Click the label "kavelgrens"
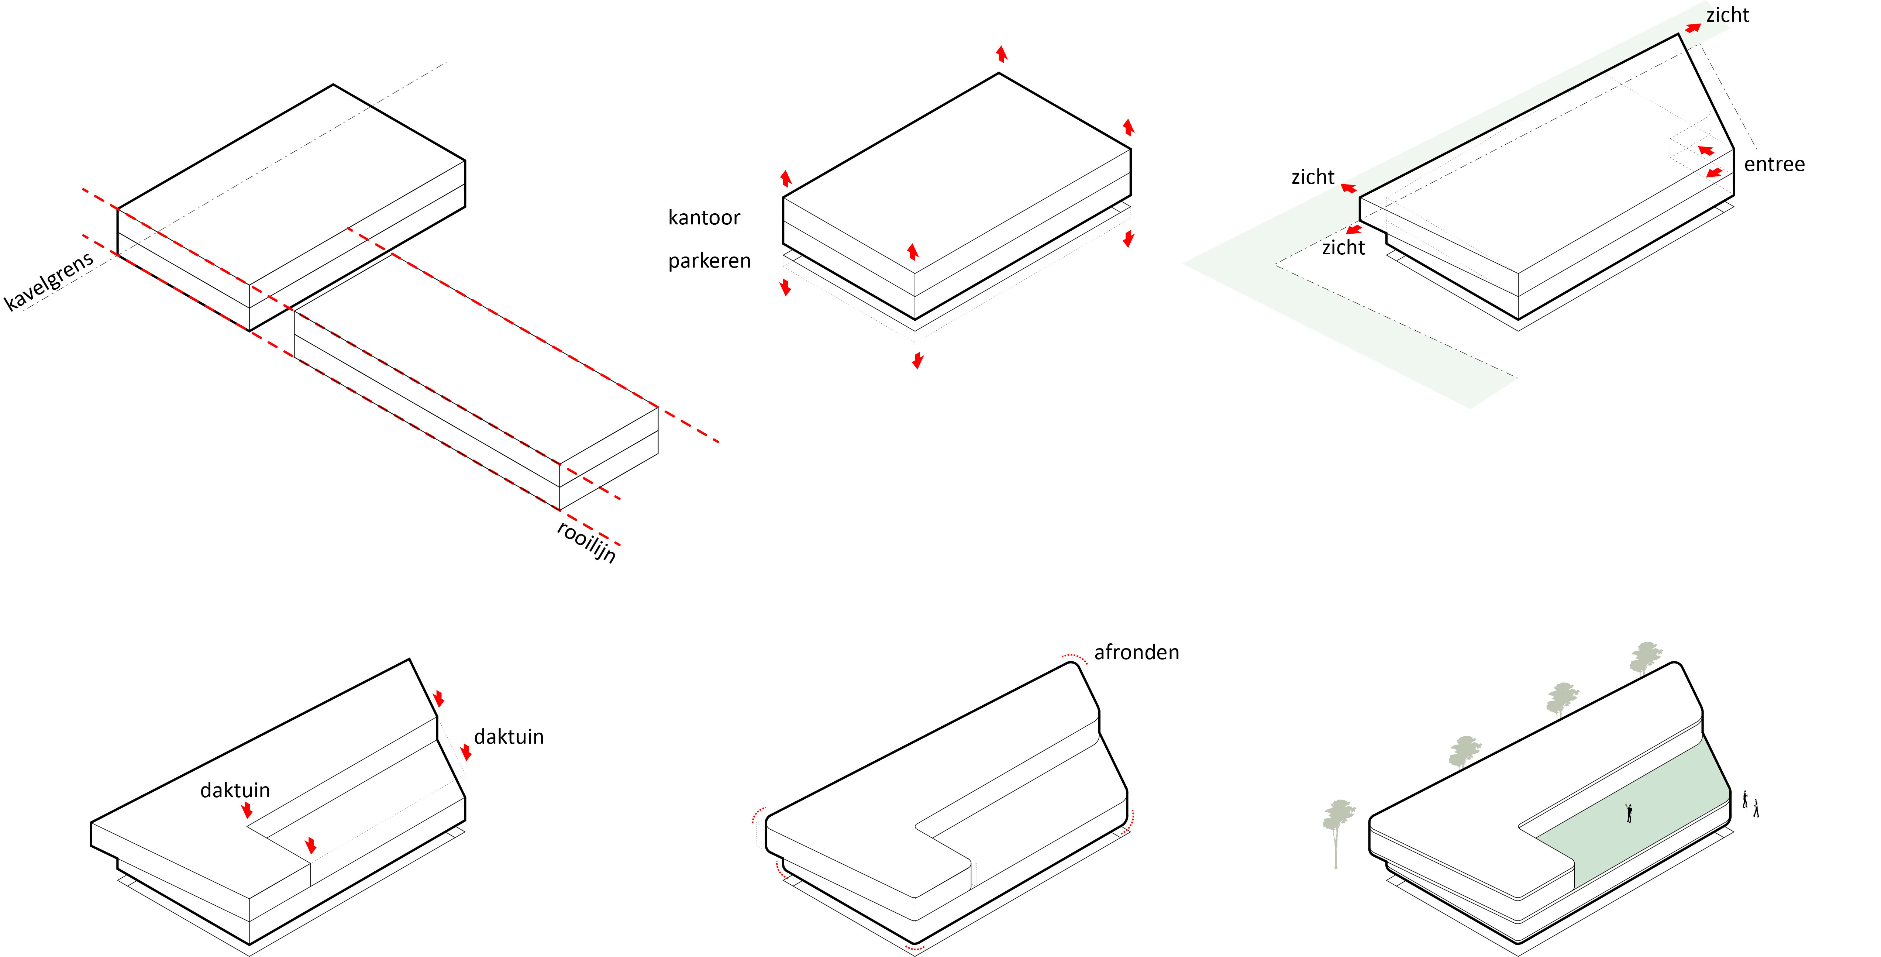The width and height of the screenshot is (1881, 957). (x=49, y=281)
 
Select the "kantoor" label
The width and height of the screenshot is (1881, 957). (x=704, y=218)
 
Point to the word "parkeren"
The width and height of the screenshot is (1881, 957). (x=709, y=261)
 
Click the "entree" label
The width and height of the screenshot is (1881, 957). (x=1774, y=164)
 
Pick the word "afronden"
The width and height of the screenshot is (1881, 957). (x=1136, y=653)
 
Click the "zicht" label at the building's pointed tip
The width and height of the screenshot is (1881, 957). (x=1727, y=16)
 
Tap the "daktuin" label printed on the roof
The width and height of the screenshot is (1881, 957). (x=235, y=790)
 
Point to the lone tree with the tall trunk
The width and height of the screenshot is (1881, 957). (x=1337, y=826)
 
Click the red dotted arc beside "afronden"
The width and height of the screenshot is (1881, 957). (x=1075, y=657)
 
